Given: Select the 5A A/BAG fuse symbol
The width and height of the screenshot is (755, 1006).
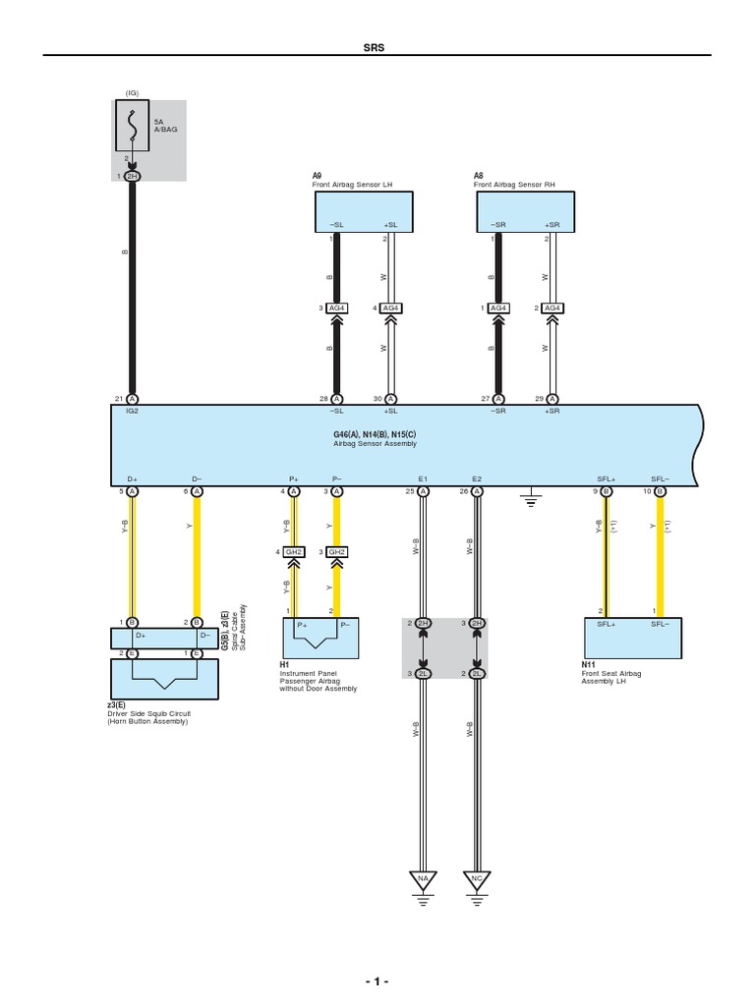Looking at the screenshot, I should (132, 125).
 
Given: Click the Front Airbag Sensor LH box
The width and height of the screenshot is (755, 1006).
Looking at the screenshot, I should (363, 211).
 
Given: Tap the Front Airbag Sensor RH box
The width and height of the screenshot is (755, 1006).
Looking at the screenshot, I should (525, 211).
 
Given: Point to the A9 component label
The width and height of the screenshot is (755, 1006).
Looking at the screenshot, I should (317, 177).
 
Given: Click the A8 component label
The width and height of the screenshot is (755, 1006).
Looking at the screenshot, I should (479, 177).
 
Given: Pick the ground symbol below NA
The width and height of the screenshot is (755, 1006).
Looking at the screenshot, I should (423, 896).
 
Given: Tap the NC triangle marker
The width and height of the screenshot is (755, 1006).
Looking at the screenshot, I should (477, 877).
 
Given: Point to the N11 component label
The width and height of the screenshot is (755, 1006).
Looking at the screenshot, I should (588, 665).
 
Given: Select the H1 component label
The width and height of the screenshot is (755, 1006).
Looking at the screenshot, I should (285, 665).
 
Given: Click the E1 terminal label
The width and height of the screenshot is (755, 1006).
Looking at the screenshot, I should (423, 478).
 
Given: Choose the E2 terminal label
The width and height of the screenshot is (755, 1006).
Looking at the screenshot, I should (477, 478).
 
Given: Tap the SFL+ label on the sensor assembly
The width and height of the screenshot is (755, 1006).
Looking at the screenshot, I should (606, 478).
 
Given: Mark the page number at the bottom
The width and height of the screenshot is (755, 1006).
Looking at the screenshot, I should (377, 981).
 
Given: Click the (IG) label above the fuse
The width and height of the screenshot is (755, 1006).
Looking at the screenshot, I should (132, 93).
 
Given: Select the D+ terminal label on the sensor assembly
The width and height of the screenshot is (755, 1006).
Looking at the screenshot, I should (132, 478).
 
